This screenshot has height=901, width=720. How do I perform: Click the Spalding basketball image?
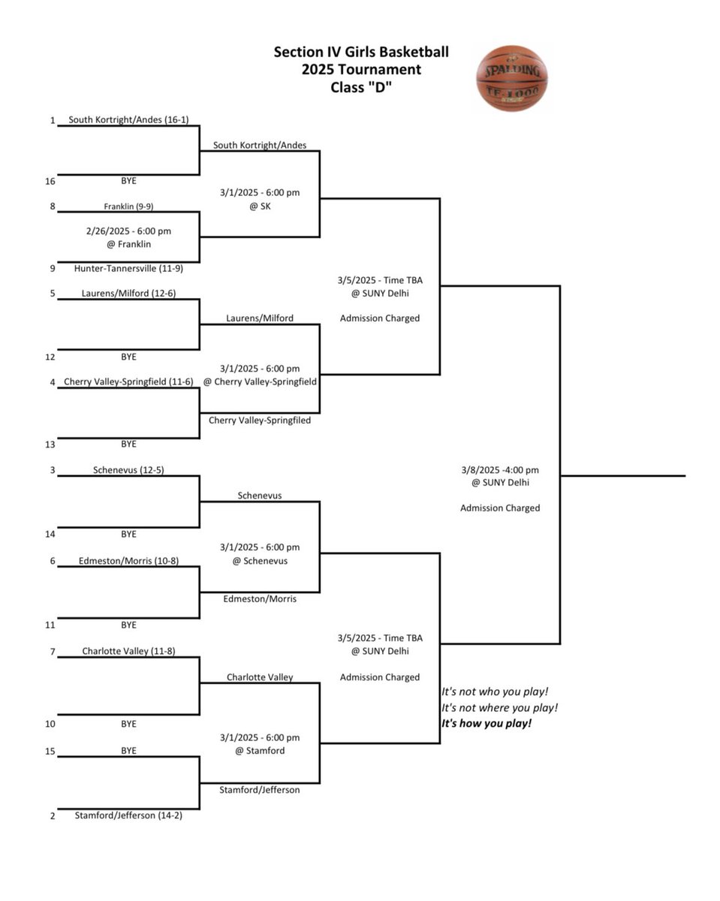click(512, 78)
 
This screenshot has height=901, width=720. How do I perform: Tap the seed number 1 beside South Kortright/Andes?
click(53, 120)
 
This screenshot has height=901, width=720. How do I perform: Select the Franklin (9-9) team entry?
click(128, 206)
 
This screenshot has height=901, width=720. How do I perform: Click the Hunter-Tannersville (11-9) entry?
click(128, 268)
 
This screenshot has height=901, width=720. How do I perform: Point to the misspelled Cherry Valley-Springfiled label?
click(260, 420)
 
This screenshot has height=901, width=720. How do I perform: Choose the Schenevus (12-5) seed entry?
click(128, 470)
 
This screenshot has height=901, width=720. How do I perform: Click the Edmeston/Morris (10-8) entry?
click(128, 560)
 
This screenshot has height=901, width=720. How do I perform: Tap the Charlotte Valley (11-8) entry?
click(128, 651)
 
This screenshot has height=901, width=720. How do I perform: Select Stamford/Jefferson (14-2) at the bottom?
click(128, 815)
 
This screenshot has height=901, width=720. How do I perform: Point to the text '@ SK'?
click(260, 206)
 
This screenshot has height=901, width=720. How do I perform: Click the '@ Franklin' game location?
click(128, 244)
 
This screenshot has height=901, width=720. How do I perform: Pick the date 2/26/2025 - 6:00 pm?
click(128, 231)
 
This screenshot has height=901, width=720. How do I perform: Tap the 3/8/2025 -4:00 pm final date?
click(500, 470)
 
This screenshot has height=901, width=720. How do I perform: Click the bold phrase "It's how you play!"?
click(487, 723)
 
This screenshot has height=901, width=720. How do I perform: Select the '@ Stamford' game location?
click(260, 750)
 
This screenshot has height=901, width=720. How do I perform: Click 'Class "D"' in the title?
click(361, 87)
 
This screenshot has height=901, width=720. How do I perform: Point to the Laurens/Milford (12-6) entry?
click(128, 293)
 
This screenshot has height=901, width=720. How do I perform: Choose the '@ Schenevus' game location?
click(260, 560)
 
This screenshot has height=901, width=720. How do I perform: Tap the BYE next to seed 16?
click(128, 181)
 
